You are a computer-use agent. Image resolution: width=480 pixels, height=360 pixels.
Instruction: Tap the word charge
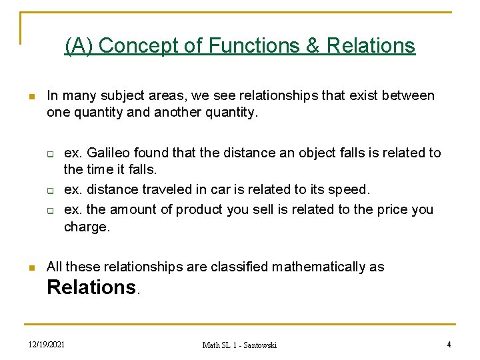point(86,227)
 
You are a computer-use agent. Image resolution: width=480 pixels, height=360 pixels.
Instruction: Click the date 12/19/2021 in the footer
point(47,344)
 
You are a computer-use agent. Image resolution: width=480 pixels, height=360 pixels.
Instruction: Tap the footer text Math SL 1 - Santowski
point(239,345)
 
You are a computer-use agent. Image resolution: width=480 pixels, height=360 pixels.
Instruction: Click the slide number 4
point(449,344)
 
